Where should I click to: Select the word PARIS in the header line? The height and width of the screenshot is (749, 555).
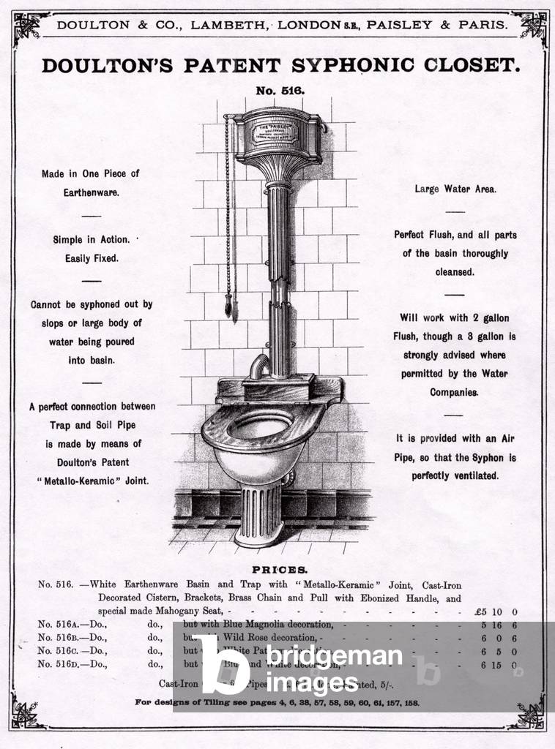tap(481, 25)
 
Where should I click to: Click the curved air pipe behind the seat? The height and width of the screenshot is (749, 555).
tap(258, 364)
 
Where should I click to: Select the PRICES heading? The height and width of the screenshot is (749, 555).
tap(280, 569)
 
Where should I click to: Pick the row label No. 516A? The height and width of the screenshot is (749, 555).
tap(61, 625)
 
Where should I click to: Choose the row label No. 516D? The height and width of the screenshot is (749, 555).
tap(61, 664)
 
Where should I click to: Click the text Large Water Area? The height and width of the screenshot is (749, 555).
tap(455, 189)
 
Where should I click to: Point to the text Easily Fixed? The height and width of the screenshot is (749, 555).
tap(91, 257)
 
